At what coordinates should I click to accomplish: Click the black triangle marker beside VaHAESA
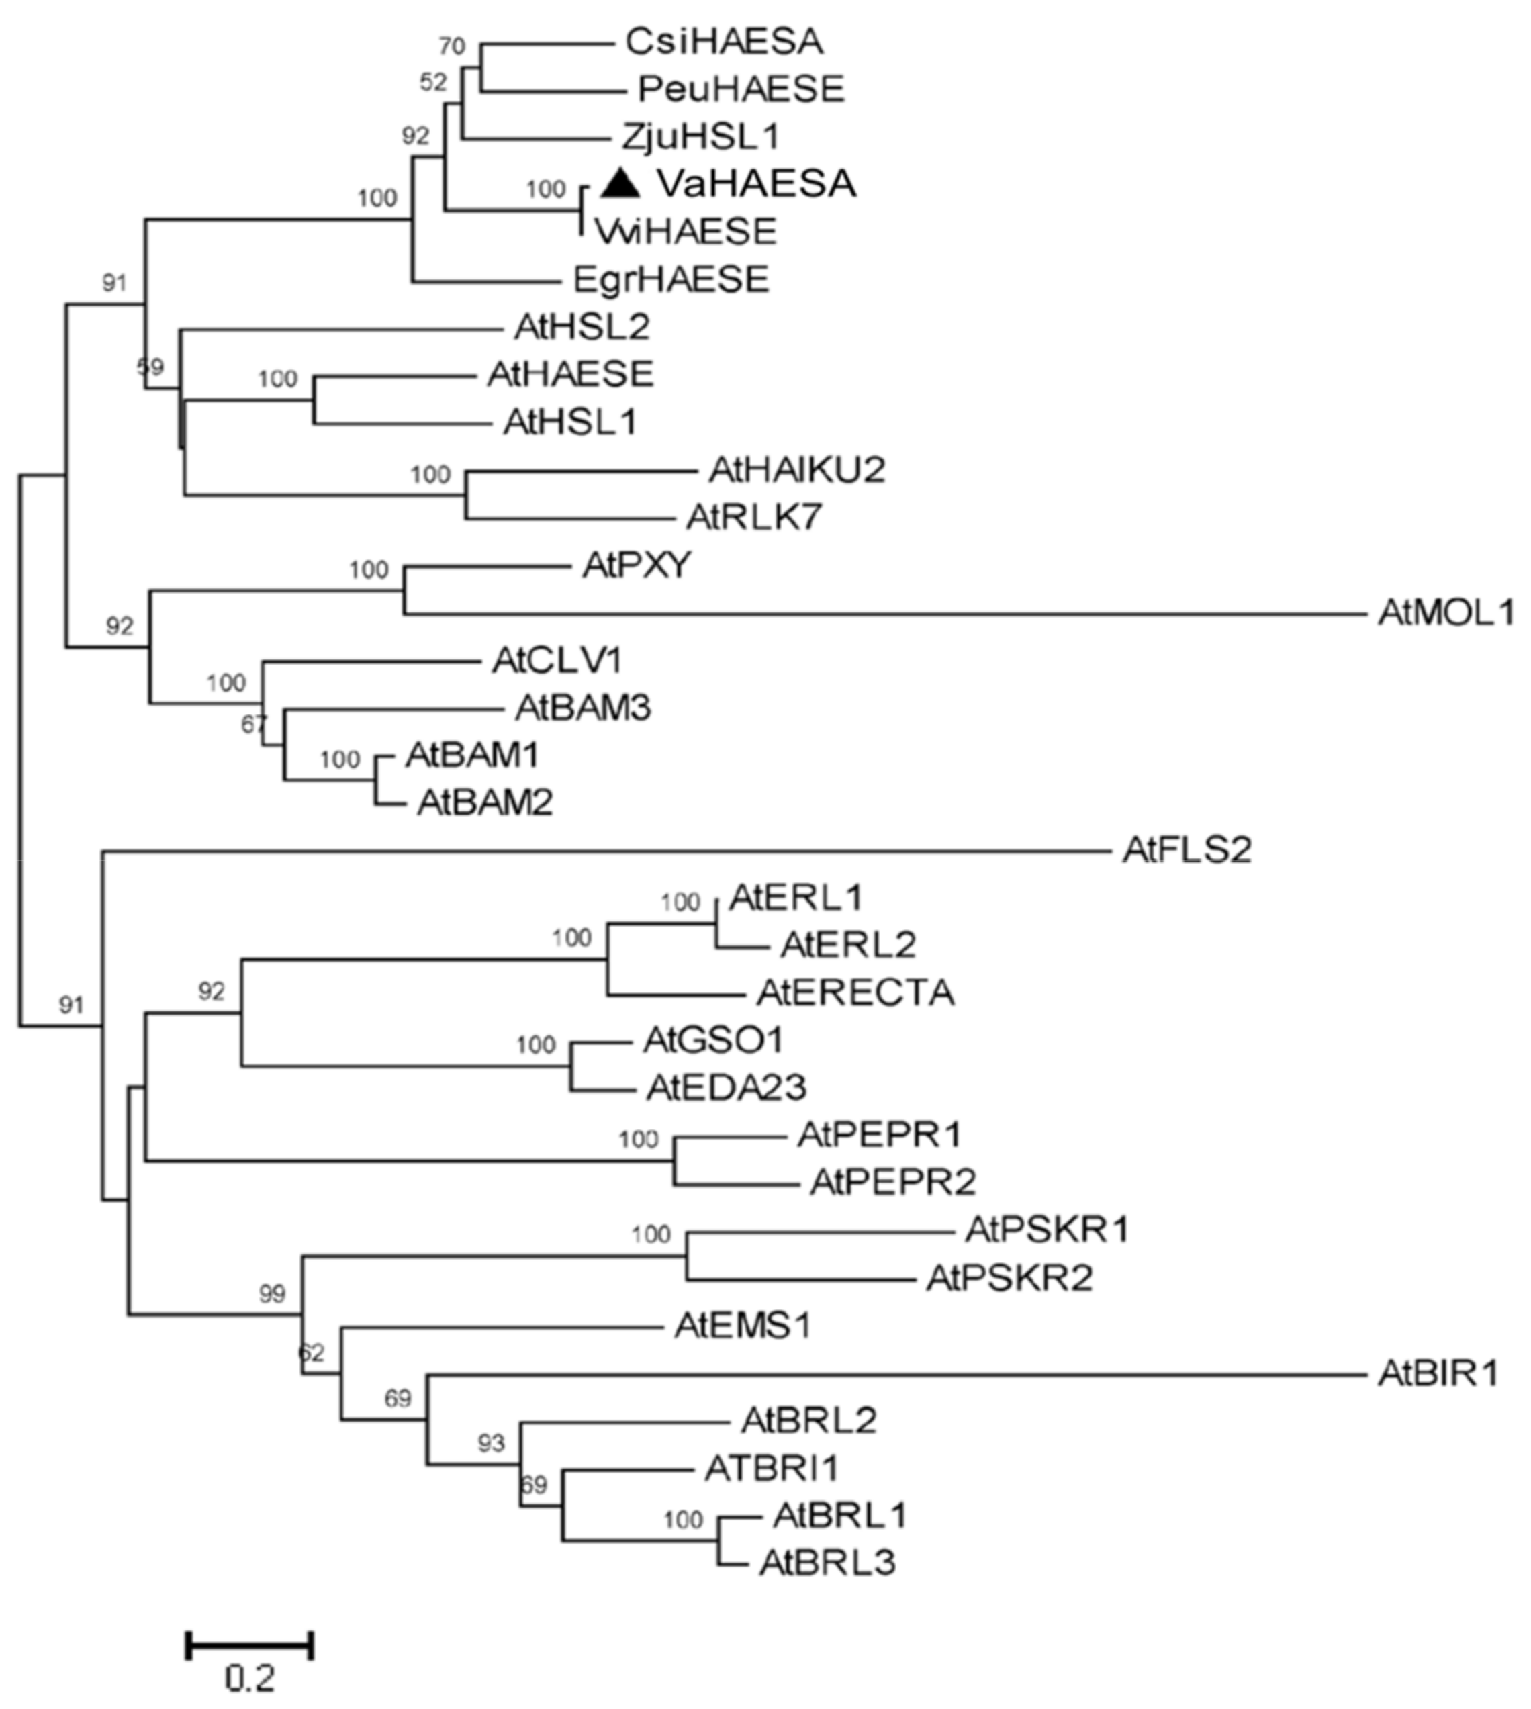pos(621,184)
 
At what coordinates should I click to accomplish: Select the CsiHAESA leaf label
pos(723,41)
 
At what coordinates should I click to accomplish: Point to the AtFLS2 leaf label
pos(1186,850)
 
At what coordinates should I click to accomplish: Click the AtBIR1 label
pos(1438,1375)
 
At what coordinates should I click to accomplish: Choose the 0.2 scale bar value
pos(250,1679)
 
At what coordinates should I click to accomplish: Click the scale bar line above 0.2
pos(250,1645)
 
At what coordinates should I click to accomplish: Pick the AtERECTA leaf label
pos(855,993)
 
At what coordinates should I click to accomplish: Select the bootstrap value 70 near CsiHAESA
pos(452,46)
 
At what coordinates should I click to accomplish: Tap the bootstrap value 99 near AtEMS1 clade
pos(272,1293)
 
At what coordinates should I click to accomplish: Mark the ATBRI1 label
pos(772,1469)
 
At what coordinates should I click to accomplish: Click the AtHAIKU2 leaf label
pos(796,470)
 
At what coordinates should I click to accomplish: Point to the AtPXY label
pos(636,566)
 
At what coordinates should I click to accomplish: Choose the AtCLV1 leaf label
pos(557,661)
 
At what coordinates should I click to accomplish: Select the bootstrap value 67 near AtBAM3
pos(253,723)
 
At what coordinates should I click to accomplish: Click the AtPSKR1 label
pos(1046,1230)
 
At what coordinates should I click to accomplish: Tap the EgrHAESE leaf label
pos(670,279)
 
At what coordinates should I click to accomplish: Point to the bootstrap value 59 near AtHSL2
pos(150,367)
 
